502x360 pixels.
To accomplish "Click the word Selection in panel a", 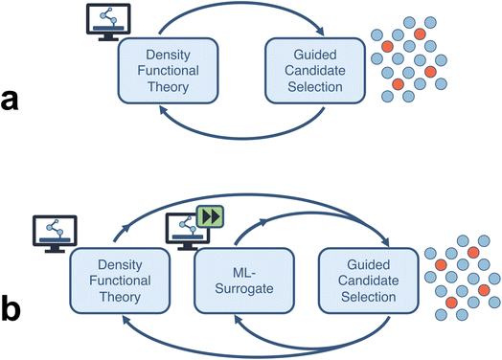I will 314,86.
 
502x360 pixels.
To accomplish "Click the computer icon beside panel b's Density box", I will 52,233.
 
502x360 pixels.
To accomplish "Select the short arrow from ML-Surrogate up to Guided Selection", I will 307,222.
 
